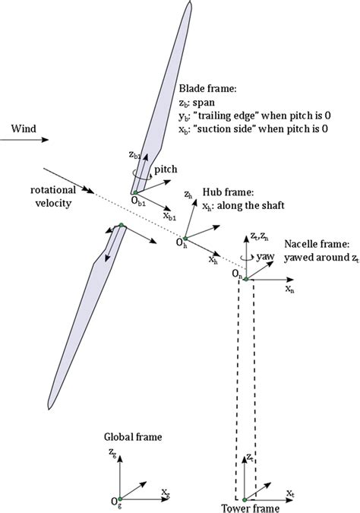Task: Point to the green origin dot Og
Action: pyautogui.click(x=122, y=497)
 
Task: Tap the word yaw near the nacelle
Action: pyautogui.click(x=267, y=257)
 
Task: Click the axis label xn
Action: pyautogui.click(x=289, y=290)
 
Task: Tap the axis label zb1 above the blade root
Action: pyautogui.click(x=134, y=154)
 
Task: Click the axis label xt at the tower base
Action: pyautogui.click(x=289, y=493)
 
